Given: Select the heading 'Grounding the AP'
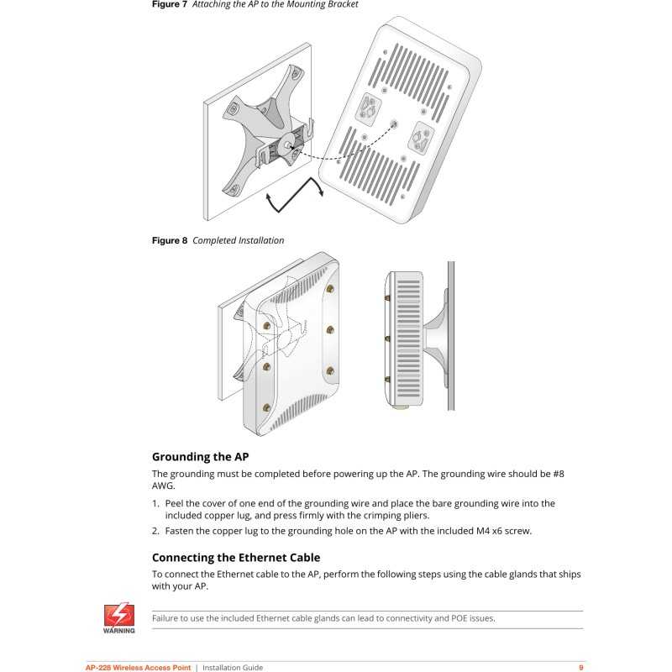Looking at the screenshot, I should click(x=200, y=457).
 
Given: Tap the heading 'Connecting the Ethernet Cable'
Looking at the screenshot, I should click(x=236, y=557).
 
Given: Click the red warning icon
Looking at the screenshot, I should click(x=118, y=612).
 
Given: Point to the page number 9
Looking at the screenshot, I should click(x=581, y=668).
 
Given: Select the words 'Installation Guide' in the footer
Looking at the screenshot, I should click(x=233, y=668).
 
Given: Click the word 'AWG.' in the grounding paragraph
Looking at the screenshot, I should click(x=165, y=486).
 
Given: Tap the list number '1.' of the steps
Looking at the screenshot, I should click(x=156, y=503).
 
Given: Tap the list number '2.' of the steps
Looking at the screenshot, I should click(x=156, y=531).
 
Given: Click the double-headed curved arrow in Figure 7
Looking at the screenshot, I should click(x=294, y=200).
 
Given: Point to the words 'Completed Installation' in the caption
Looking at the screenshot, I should click(x=239, y=240).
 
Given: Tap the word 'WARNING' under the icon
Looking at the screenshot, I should click(x=118, y=630).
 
